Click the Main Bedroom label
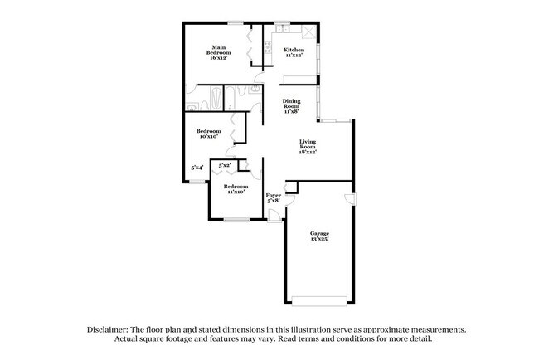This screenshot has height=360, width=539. [218, 50]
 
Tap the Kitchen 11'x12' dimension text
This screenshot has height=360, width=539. [294, 55]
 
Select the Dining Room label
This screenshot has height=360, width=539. [292, 104]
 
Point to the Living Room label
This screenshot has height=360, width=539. [308, 144]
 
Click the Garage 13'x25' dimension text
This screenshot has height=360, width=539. [320, 238]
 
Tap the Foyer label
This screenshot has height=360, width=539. [274, 195]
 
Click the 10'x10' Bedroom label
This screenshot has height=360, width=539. [209, 131]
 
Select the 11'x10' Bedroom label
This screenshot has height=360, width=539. [236, 187]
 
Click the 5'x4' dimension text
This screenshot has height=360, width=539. [197, 168]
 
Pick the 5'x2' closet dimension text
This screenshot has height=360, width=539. [225, 165]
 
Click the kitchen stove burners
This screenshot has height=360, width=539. [268, 47]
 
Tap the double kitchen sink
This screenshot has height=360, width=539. [283, 28]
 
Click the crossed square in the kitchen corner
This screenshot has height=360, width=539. [308, 32]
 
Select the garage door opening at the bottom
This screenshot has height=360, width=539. [319, 301]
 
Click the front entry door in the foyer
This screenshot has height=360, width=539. [274, 216]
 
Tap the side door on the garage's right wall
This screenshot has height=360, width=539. [352, 199]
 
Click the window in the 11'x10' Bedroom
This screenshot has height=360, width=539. [236, 219]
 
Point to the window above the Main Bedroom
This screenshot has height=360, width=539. [236, 23]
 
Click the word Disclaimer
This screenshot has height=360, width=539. [108, 329]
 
